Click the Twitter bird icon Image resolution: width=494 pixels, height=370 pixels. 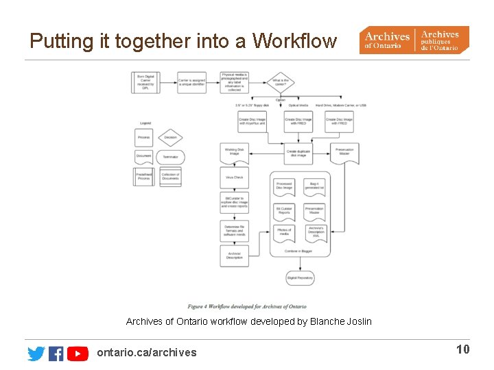[36, 353]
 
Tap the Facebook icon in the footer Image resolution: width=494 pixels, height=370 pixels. [56, 353]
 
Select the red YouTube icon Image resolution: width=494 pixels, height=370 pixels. [78, 353]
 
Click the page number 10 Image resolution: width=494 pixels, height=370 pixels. [463, 349]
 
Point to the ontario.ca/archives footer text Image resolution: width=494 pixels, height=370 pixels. [147, 352]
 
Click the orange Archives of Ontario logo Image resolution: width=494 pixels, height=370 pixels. [414, 40]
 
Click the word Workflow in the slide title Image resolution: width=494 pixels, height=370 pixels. [295, 41]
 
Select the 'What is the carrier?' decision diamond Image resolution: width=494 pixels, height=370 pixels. [280, 83]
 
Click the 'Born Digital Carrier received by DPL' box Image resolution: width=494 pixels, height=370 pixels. [145, 83]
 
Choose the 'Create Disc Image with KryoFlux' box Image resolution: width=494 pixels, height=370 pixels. [252, 121]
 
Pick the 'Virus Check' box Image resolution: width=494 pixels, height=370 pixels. [234, 178]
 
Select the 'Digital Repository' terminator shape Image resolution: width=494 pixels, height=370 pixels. [300, 278]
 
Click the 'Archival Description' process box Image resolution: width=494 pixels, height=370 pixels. [234, 256]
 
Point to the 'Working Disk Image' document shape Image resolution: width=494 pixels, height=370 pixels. [234, 151]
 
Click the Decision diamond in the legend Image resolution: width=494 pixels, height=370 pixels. [170, 137]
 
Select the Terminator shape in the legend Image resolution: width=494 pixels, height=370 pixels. [170, 157]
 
